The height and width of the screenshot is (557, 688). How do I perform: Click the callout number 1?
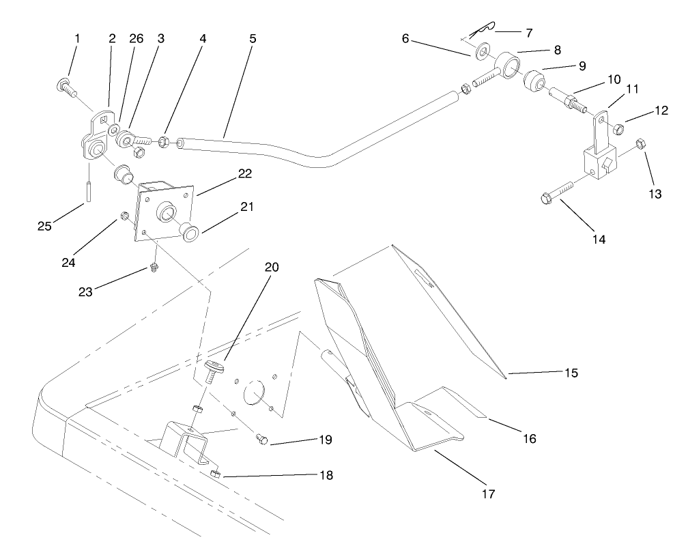point(76,39)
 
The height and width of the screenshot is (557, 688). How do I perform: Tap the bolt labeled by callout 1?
point(67,87)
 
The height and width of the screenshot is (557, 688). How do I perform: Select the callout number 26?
point(136,39)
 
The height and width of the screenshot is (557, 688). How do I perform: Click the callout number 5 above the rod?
point(253,39)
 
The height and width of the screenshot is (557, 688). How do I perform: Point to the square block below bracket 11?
point(600,165)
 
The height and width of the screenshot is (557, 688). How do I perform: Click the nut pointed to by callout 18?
point(216,473)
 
